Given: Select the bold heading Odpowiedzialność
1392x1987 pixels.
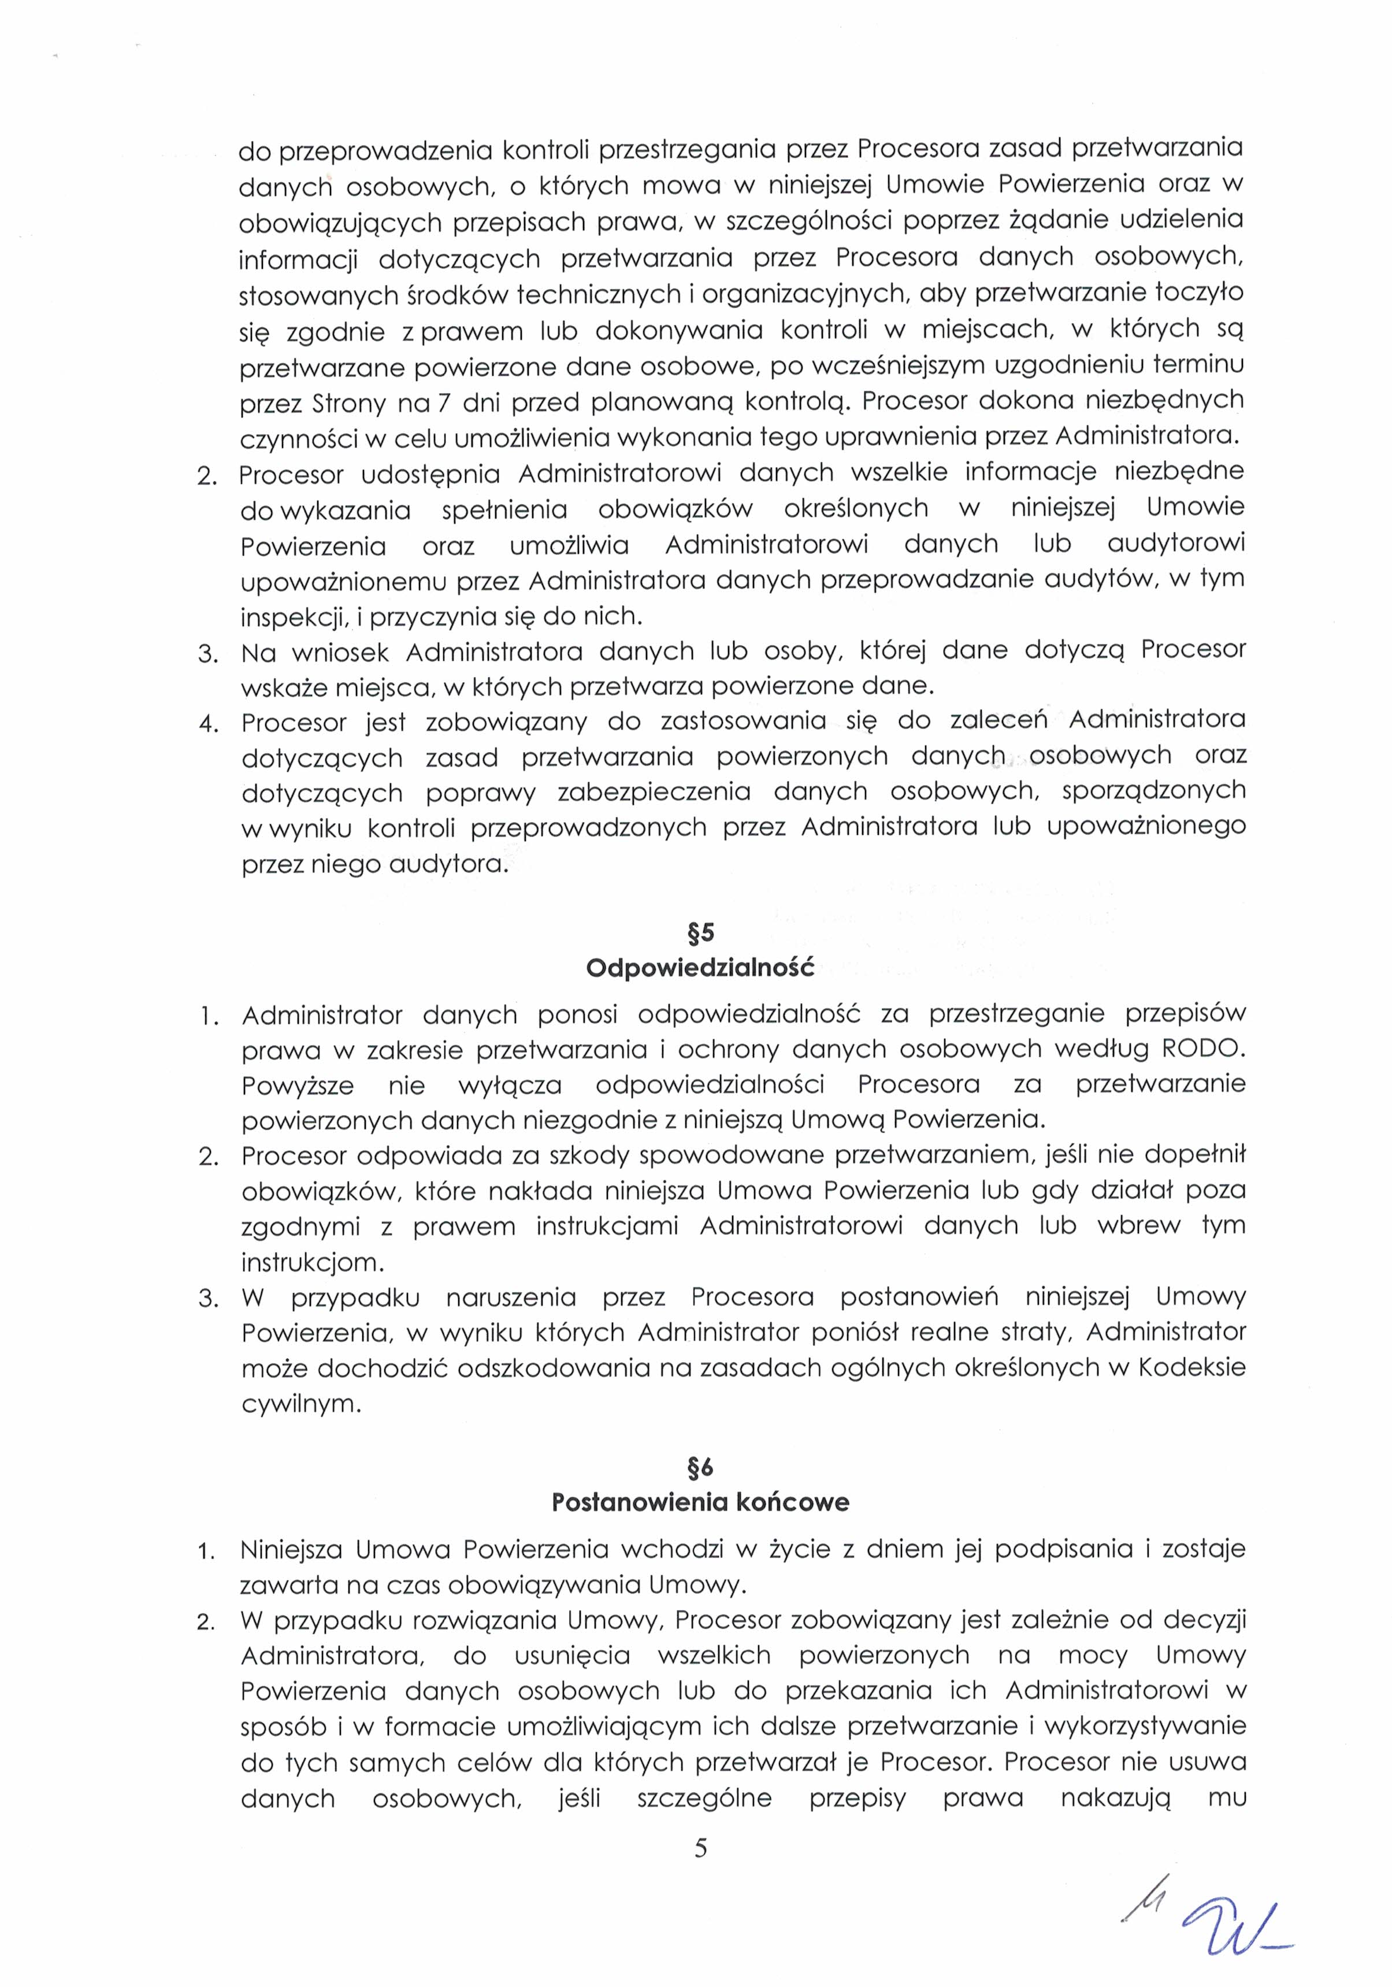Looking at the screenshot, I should [700, 968].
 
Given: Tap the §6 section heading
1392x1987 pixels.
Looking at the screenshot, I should [700, 1467].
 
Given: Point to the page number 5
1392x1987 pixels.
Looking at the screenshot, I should [700, 1848].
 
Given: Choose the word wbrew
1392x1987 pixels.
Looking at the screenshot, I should [1138, 1226].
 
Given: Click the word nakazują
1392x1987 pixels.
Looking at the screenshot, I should [1114, 1799].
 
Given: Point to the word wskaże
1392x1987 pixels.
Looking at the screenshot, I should [282, 687].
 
